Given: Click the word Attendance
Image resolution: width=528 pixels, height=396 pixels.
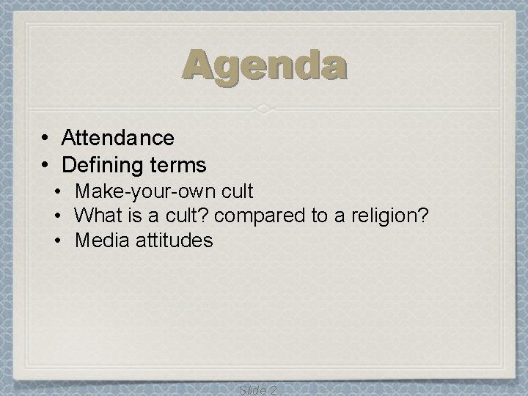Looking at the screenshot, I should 118,137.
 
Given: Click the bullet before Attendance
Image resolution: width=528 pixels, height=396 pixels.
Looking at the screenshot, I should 45,137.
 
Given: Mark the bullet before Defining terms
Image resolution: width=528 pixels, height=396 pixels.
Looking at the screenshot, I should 45,163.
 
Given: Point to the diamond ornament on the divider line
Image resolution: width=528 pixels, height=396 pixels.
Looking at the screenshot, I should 265,109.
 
